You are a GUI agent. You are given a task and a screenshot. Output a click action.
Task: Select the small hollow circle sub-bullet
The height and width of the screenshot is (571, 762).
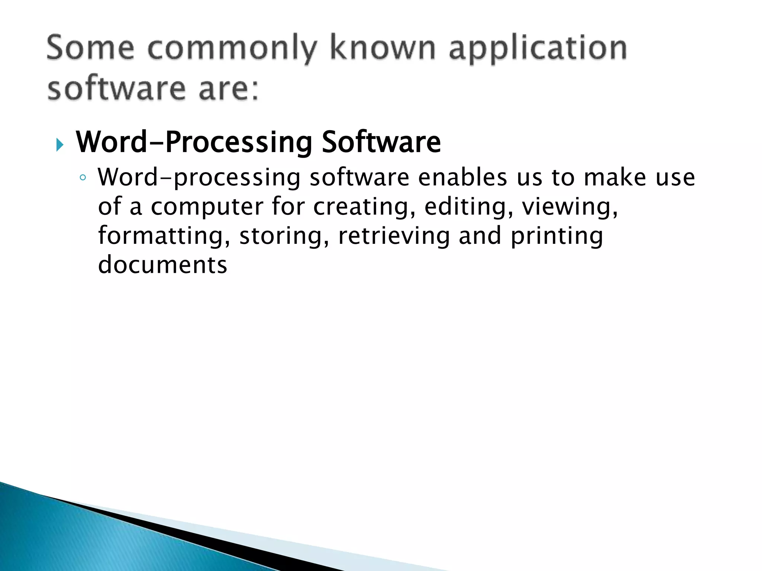click(x=83, y=178)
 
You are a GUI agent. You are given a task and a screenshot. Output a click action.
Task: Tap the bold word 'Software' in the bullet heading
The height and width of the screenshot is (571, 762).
click(x=381, y=142)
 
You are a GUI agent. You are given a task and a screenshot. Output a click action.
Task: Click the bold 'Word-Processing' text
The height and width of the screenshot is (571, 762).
click(x=194, y=143)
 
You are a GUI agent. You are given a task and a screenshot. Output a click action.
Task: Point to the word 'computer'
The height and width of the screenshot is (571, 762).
click(x=207, y=207)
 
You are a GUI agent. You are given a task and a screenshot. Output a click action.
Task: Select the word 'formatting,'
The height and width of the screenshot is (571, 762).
click(x=164, y=236)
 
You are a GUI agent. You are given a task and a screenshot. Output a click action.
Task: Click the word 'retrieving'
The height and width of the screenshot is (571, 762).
click(x=394, y=236)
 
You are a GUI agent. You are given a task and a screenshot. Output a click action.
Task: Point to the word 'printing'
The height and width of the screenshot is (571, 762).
click(x=557, y=236)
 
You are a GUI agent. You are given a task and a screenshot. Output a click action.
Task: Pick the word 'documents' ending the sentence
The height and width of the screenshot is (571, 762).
click(x=163, y=265)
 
